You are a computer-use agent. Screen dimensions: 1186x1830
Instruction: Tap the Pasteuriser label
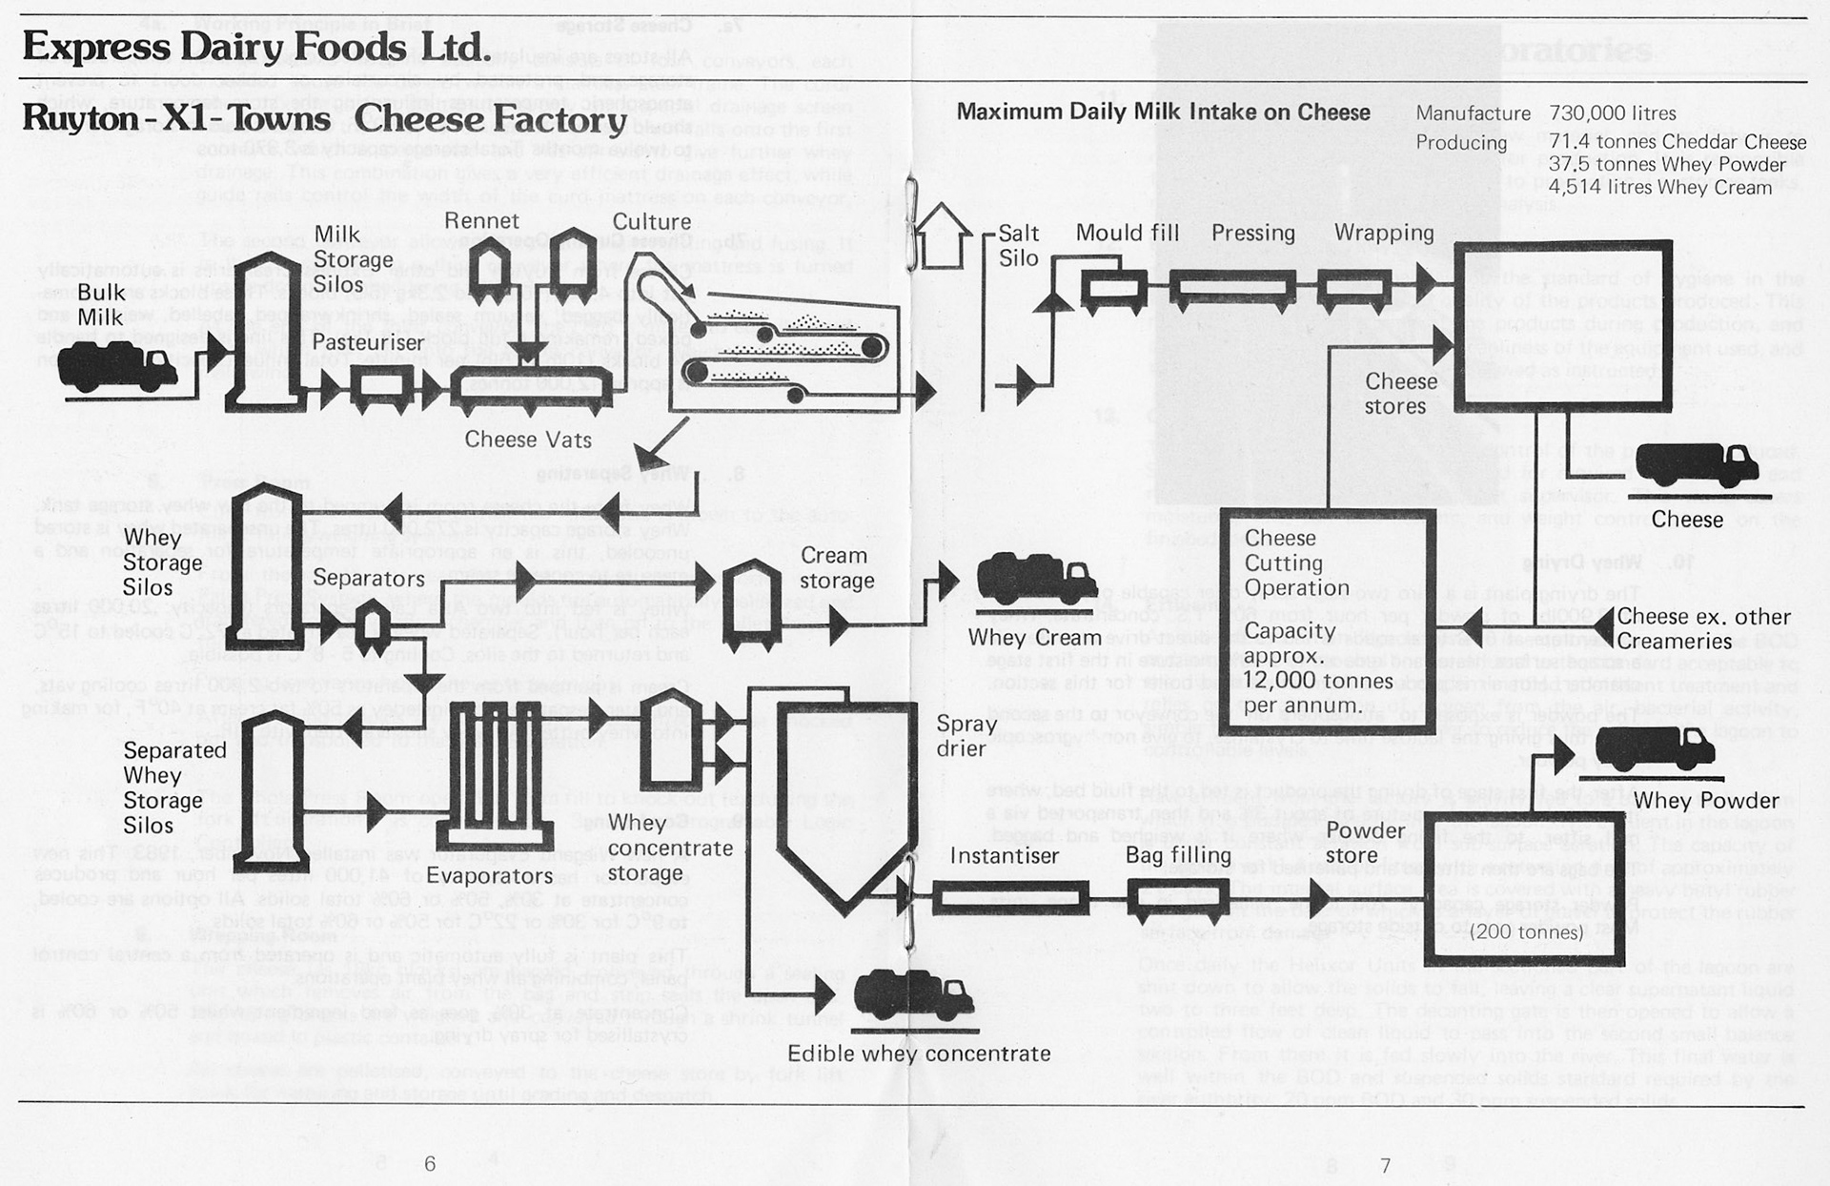pyautogui.click(x=368, y=341)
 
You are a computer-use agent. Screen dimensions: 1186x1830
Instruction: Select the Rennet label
pyautogui.click(x=481, y=221)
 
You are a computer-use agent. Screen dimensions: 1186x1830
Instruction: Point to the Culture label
pyautogui.click(x=651, y=221)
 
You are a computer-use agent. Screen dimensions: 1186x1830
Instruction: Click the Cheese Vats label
pyautogui.click(x=528, y=440)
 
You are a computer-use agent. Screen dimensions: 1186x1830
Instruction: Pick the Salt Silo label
pyautogui.click(x=1018, y=245)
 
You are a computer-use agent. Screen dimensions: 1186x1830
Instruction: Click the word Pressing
pyautogui.click(x=1252, y=233)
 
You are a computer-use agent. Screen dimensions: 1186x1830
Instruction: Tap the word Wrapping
pyautogui.click(x=1383, y=233)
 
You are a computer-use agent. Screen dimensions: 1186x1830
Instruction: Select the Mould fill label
pyautogui.click(x=1127, y=233)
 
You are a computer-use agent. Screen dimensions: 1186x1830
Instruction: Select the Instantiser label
pyautogui.click(x=1004, y=856)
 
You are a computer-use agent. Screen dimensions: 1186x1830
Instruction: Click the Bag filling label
pyautogui.click(x=1178, y=856)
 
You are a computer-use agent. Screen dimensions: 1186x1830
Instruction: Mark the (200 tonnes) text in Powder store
pyautogui.click(x=1527, y=932)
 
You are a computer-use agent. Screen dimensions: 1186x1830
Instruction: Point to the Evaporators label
pyautogui.click(x=489, y=875)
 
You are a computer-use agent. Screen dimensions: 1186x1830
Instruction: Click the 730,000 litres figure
pyautogui.click(x=1613, y=113)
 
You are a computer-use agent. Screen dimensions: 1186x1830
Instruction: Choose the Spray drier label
pyautogui.click(x=966, y=736)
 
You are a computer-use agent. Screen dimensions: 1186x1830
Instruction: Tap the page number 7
pyautogui.click(x=1385, y=1165)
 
